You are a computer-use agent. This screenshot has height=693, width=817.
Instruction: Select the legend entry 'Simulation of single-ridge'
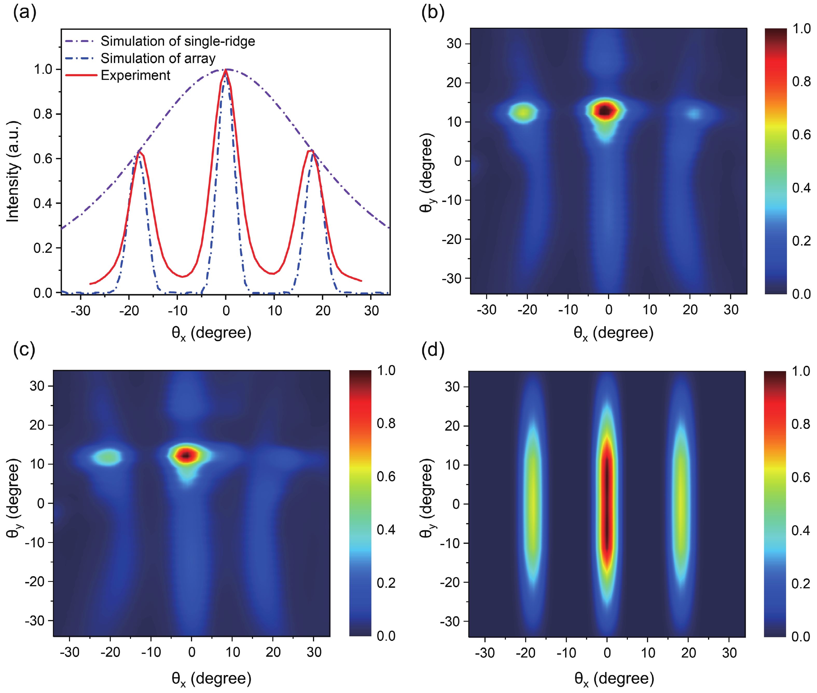(x=178, y=41)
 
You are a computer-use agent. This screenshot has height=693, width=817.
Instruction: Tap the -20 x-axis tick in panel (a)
(x=129, y=311)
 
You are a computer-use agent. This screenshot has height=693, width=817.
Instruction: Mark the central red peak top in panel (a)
(x=226, y=70)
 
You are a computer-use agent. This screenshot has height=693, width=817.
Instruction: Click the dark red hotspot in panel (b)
(x=606, y=110)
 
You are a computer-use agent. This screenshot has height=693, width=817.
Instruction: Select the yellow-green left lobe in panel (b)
(x=523, y=113)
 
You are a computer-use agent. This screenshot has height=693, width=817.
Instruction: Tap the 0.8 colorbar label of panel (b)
(x=801, y=82)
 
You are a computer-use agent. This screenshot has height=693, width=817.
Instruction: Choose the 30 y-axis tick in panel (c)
(x=37, y=386)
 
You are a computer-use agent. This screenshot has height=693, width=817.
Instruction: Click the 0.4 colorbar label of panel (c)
(x=386, y=530)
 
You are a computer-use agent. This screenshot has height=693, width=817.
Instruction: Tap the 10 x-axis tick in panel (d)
(x=648, y=653)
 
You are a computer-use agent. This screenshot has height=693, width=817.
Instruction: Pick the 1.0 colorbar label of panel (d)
(x=800, y=371)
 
